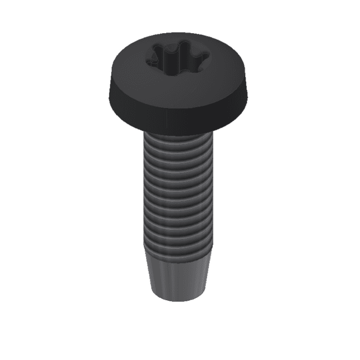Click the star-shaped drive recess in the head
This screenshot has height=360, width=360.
[x=177, y=56]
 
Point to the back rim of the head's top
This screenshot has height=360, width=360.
[x=177, y=35]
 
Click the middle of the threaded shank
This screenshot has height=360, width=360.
[x=178, y=191]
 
